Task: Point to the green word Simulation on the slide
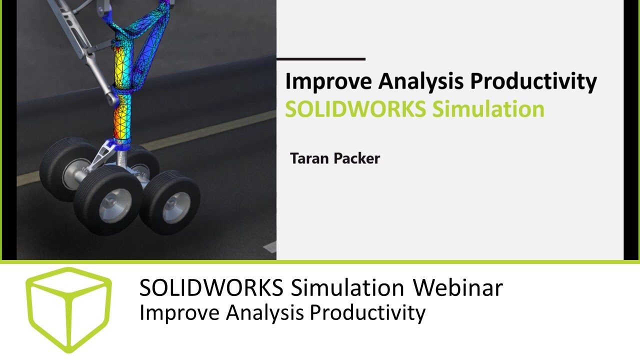pos(488,109)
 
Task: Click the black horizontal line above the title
pos(320,59)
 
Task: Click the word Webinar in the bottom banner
pos(457,288)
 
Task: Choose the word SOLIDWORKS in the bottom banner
pos(211,288)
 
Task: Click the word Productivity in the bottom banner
pos(367,313)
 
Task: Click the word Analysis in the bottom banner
pos(265,313)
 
